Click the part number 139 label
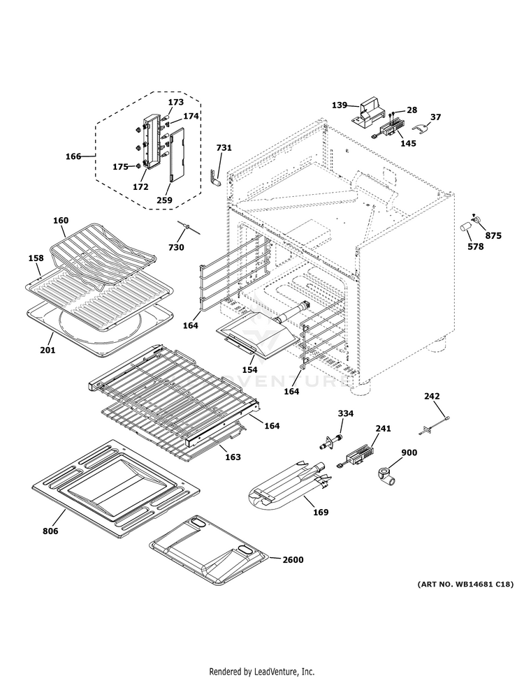click(x=340, y=105)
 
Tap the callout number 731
click(x=224, y=148)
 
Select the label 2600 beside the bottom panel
click(x=293, y=559)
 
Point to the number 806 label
click(x=50, y=531)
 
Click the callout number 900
click(x=409, y=452)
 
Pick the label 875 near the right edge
click(x=493, y=235)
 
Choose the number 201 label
click(x=47, y=350)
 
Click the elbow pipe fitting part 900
click(x=386, y=476)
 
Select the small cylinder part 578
click(x=465, y=229)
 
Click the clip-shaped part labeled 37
click(x=421, y=128)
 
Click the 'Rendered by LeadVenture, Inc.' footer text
click(x=261, y=671)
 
